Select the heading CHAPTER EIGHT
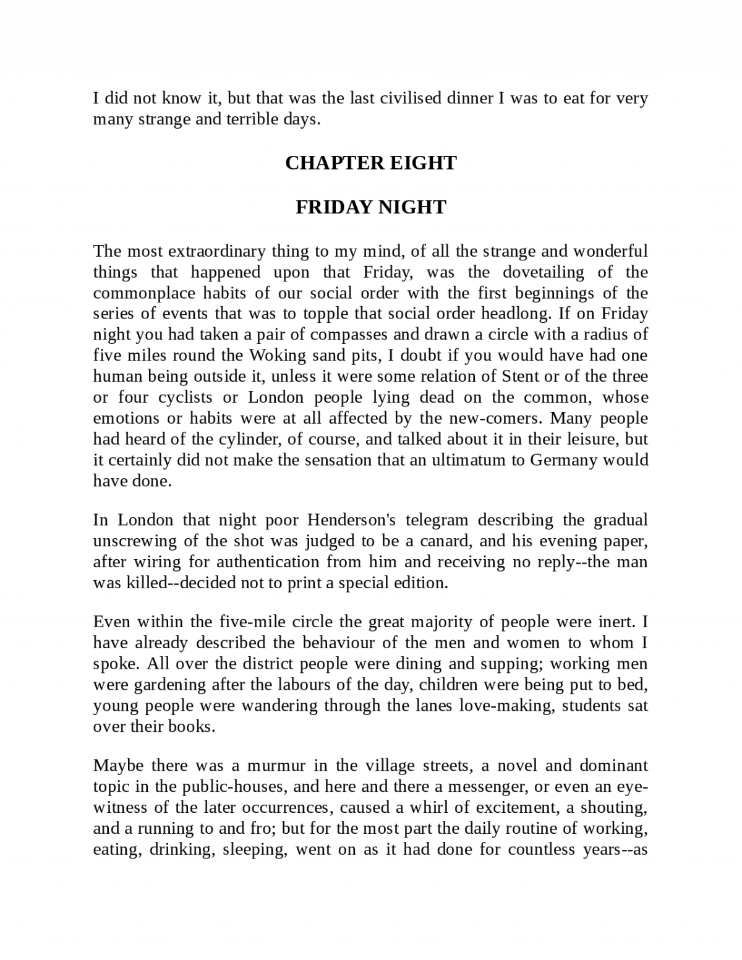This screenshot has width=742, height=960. click(371, 163)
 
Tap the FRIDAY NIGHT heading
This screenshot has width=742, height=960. click(371, 207)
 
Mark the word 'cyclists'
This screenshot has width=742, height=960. click(184, 397)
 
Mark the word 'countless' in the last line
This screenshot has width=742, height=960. click(542, 849)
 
